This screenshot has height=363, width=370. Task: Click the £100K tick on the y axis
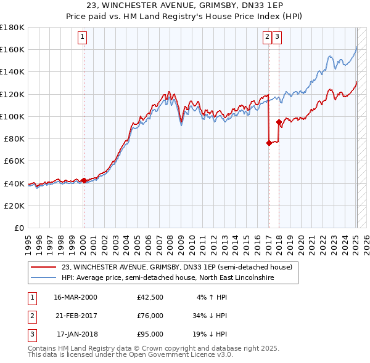[12, 116]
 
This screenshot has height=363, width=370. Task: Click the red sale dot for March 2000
[84, 181]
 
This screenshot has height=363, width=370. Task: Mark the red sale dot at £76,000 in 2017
[269, 143]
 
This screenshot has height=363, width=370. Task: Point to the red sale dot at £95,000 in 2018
[279, 122]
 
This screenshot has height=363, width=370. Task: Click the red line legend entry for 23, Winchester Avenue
[181, 267]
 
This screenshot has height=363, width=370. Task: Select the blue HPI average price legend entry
[168, 278]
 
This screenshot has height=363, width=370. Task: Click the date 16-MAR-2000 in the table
[76, 297]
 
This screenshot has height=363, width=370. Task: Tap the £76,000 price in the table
[150, 316]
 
